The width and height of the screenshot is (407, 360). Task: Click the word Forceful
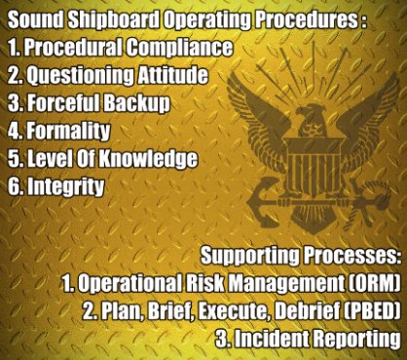click(64, 101)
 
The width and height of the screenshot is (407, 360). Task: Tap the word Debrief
click(289, 312)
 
